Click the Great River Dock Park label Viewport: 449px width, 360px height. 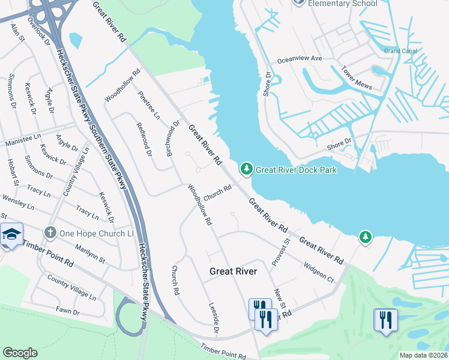point(296,170)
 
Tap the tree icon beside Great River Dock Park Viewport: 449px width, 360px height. point(246,170)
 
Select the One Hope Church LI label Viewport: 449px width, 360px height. point(97,233)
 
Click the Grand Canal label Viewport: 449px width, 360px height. point(400,51)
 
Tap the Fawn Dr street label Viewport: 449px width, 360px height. point(68,311)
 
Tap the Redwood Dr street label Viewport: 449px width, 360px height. point(144,141)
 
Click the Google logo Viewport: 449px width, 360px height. point(20,352)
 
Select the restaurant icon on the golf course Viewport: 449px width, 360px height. point(384,319)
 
